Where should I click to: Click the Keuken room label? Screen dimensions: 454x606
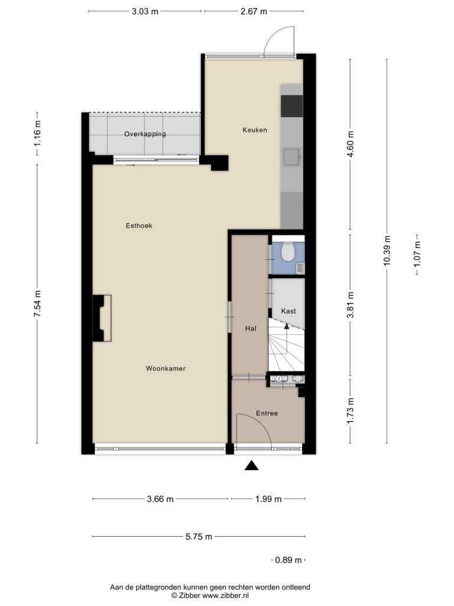tap(255, 130)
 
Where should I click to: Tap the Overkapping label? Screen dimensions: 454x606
tap(145, 134)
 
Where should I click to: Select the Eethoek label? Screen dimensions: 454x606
tap(139, 225)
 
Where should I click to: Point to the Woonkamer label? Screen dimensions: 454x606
tap(166, 369)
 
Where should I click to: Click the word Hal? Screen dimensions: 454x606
tap(251, 328)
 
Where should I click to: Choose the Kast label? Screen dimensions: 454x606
tap(288, 311)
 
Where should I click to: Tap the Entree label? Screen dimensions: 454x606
tap(267, 413)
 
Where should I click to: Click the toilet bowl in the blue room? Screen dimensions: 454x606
tap(288, 251)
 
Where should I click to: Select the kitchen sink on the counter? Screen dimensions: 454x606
tap(292, 157)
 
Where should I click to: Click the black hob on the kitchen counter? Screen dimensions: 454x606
tap(291, 106)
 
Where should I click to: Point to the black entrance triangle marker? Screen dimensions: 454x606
tap(251, 466)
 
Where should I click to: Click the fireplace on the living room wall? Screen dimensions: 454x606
tap(102, 318)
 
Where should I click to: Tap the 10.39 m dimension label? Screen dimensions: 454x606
tap(387, 250)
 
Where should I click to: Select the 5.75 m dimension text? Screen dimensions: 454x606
tap(199, 536)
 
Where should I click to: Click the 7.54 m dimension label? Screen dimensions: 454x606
tap(37, 304)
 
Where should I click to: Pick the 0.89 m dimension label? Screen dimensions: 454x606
tap(288, 560)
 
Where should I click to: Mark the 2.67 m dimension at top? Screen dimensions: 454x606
tap(254, 11)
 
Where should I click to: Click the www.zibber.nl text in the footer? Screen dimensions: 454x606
tap(225, 595)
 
